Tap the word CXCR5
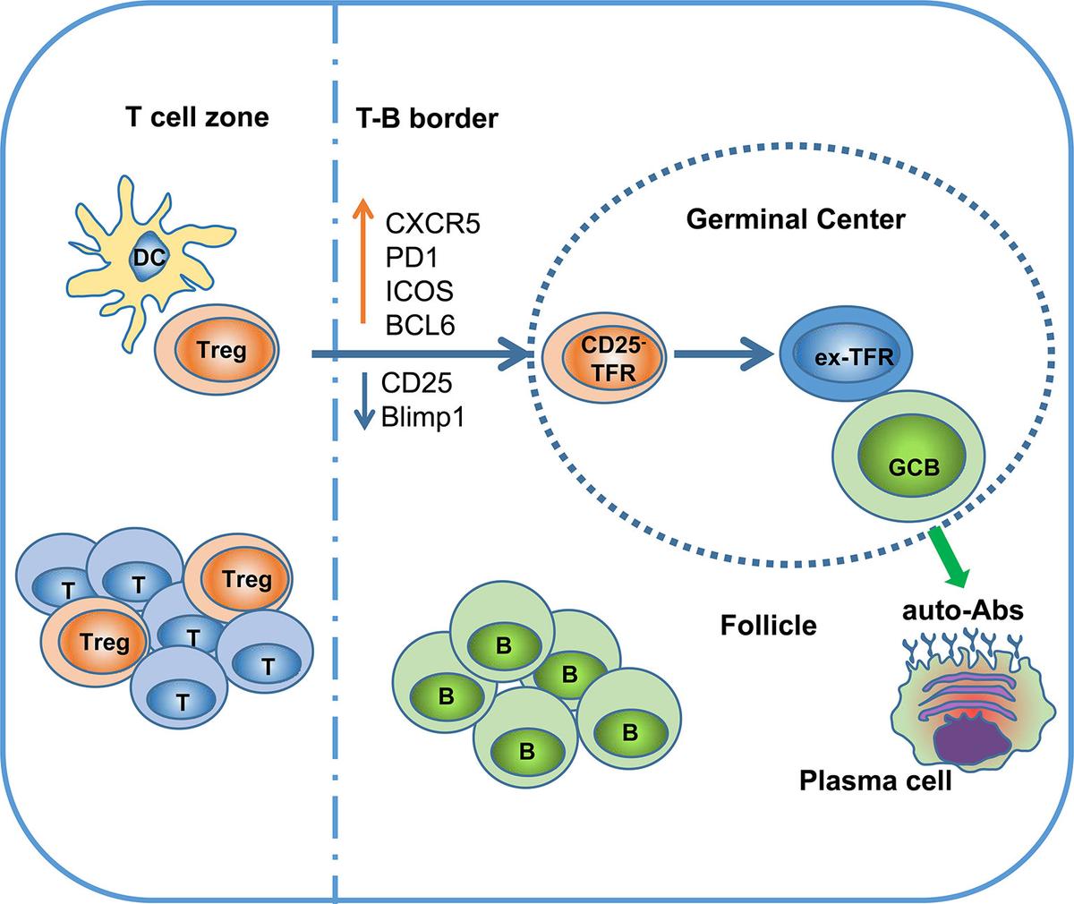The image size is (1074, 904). click(432, 223)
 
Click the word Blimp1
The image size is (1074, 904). click(422, 417)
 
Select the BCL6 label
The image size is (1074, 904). click(421, 325)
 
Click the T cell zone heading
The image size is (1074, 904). click(197, 116)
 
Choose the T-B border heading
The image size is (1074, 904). click(421, 117)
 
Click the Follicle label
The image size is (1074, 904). click(768, 624)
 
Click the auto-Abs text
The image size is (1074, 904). click(963, 612)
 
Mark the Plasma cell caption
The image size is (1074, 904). click(874, 781)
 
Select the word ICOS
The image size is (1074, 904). click(419, 291)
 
